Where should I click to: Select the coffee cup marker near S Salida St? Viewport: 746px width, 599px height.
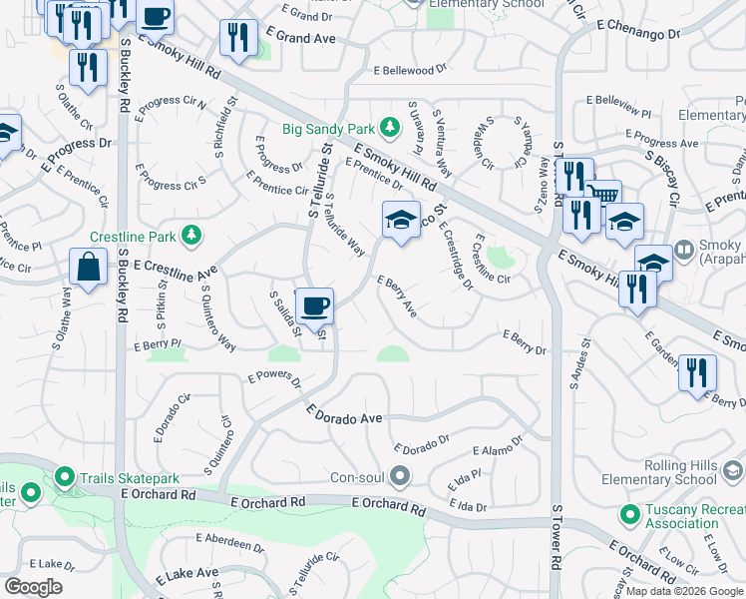click(315, 305)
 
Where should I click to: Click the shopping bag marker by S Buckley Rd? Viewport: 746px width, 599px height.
click(88, 268)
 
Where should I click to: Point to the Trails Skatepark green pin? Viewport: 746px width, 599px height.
click(66, 477)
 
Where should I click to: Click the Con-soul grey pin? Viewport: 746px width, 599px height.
click(400, 476)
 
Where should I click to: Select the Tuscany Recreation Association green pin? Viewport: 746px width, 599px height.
click(629, 515)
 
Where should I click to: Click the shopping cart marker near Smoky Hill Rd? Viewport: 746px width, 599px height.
click(603, 194)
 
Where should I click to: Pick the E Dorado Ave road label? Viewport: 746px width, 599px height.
click(344, 415)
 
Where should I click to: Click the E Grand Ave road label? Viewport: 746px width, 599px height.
click(301, 38)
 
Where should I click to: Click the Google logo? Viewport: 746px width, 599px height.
click(33, 587)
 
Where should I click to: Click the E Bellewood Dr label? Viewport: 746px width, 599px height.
click(411, 71)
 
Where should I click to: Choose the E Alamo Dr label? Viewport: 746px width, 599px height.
click(498, 451)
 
